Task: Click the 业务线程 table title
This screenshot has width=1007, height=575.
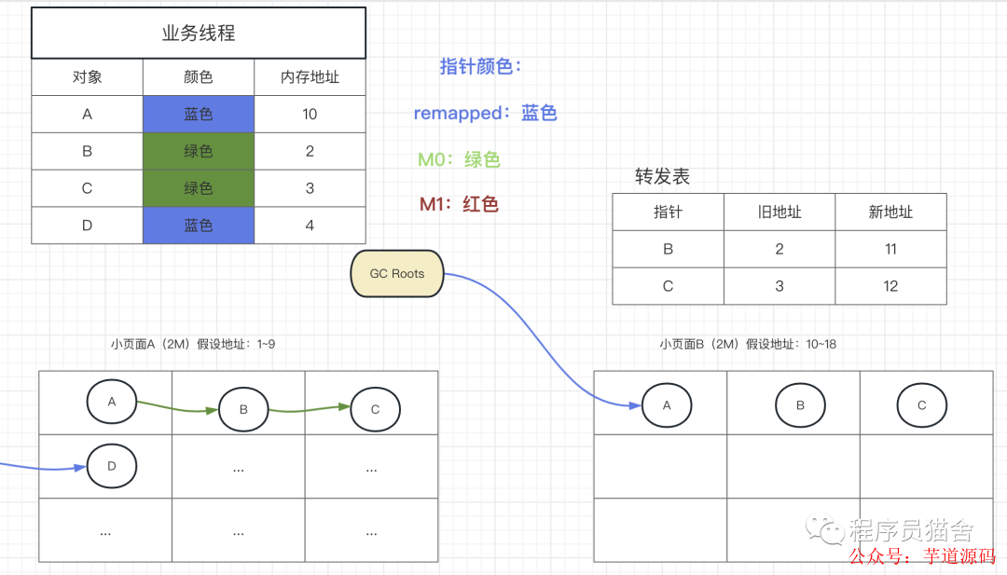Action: point(199,34)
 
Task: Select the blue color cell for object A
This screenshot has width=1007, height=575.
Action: point(199,114)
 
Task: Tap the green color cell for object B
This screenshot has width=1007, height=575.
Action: point(199,151)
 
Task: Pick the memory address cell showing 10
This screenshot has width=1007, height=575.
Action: point(310,114)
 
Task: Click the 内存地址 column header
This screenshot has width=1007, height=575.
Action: point(310,77)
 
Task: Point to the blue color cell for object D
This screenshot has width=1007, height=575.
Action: point(199,225)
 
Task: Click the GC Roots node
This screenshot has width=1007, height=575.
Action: point(396,274)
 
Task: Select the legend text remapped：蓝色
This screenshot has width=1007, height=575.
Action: point(485,114)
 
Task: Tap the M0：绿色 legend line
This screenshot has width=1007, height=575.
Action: point(459,159)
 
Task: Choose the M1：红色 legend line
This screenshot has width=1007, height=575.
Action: point(459,204)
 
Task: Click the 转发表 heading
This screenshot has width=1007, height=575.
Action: point(662,176)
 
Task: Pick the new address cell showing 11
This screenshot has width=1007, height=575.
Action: point(890,249)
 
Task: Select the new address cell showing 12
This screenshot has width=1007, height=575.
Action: point(890,286)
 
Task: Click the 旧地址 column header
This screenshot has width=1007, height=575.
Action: point(779,212)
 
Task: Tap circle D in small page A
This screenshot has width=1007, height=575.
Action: point(112,466)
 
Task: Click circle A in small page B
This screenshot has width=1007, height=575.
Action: point(667,405)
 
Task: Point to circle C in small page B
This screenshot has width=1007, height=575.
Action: point(922,405)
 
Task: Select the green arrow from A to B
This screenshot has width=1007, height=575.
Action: point(177,407)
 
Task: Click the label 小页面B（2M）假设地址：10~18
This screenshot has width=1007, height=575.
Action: point(748,344)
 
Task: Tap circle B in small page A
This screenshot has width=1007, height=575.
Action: point(243,409)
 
